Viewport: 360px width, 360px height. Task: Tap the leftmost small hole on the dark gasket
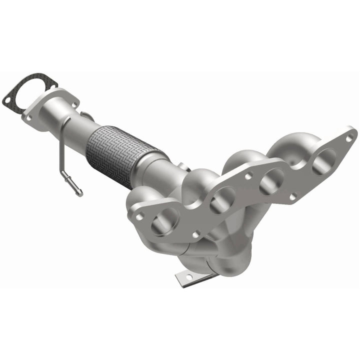coord(6,99)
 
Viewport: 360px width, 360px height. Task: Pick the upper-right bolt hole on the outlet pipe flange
coord(75,104)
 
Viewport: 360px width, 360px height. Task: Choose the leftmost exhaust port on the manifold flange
coord(163,221)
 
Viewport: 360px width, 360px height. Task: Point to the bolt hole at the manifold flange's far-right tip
coord(350,134)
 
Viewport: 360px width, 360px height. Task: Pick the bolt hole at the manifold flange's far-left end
coord(139,215)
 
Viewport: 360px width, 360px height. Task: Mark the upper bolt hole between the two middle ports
coord(248,175)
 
